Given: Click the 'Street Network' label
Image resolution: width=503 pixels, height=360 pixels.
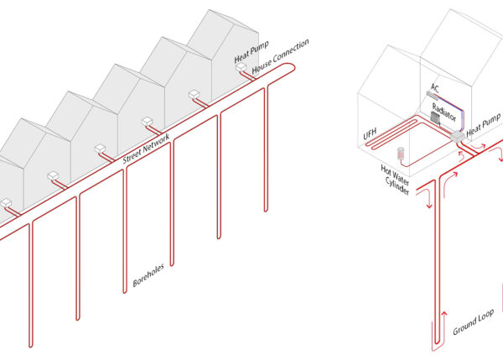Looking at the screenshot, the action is coord(146,149).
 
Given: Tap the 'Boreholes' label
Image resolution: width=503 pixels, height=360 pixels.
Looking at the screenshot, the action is coord(148,275).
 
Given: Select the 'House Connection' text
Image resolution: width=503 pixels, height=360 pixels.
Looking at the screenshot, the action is coord(280,56).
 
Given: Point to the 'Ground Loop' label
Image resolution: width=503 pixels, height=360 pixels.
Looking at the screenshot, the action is coord(473,323).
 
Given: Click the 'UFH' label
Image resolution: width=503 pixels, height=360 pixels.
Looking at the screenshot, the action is coord(370,134).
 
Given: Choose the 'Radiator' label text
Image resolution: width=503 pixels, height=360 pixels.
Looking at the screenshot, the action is coord(444,112).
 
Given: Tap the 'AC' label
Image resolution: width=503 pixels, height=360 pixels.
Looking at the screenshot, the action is coord(434,87).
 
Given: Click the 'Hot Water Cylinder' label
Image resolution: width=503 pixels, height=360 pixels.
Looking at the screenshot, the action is coord(395,180).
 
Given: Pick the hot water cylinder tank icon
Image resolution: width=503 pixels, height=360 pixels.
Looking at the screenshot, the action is coord(401,153).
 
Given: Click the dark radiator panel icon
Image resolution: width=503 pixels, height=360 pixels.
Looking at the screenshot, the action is coord(435,117).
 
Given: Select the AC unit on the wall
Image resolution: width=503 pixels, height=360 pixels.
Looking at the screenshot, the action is coord(432,94).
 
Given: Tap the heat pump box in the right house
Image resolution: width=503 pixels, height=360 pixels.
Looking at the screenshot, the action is coord(458,137).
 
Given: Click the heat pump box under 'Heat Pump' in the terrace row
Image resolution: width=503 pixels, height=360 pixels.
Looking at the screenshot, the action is coord(241,67).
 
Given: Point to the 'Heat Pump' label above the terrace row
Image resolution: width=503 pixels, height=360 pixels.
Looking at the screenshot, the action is coord(251,52).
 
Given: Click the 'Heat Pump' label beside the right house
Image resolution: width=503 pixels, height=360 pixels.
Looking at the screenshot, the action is coord(484,125).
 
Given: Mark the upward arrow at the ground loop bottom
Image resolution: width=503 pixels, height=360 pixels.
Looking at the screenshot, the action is coord(444,331).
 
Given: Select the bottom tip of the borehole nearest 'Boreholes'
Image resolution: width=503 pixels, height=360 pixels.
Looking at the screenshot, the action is coord(125,293).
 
